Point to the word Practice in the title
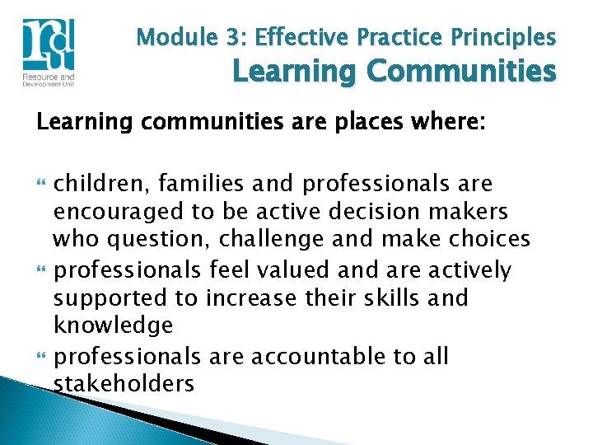click(399, 38)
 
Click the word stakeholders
click(124, 384)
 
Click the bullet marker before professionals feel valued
click(41, 270)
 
